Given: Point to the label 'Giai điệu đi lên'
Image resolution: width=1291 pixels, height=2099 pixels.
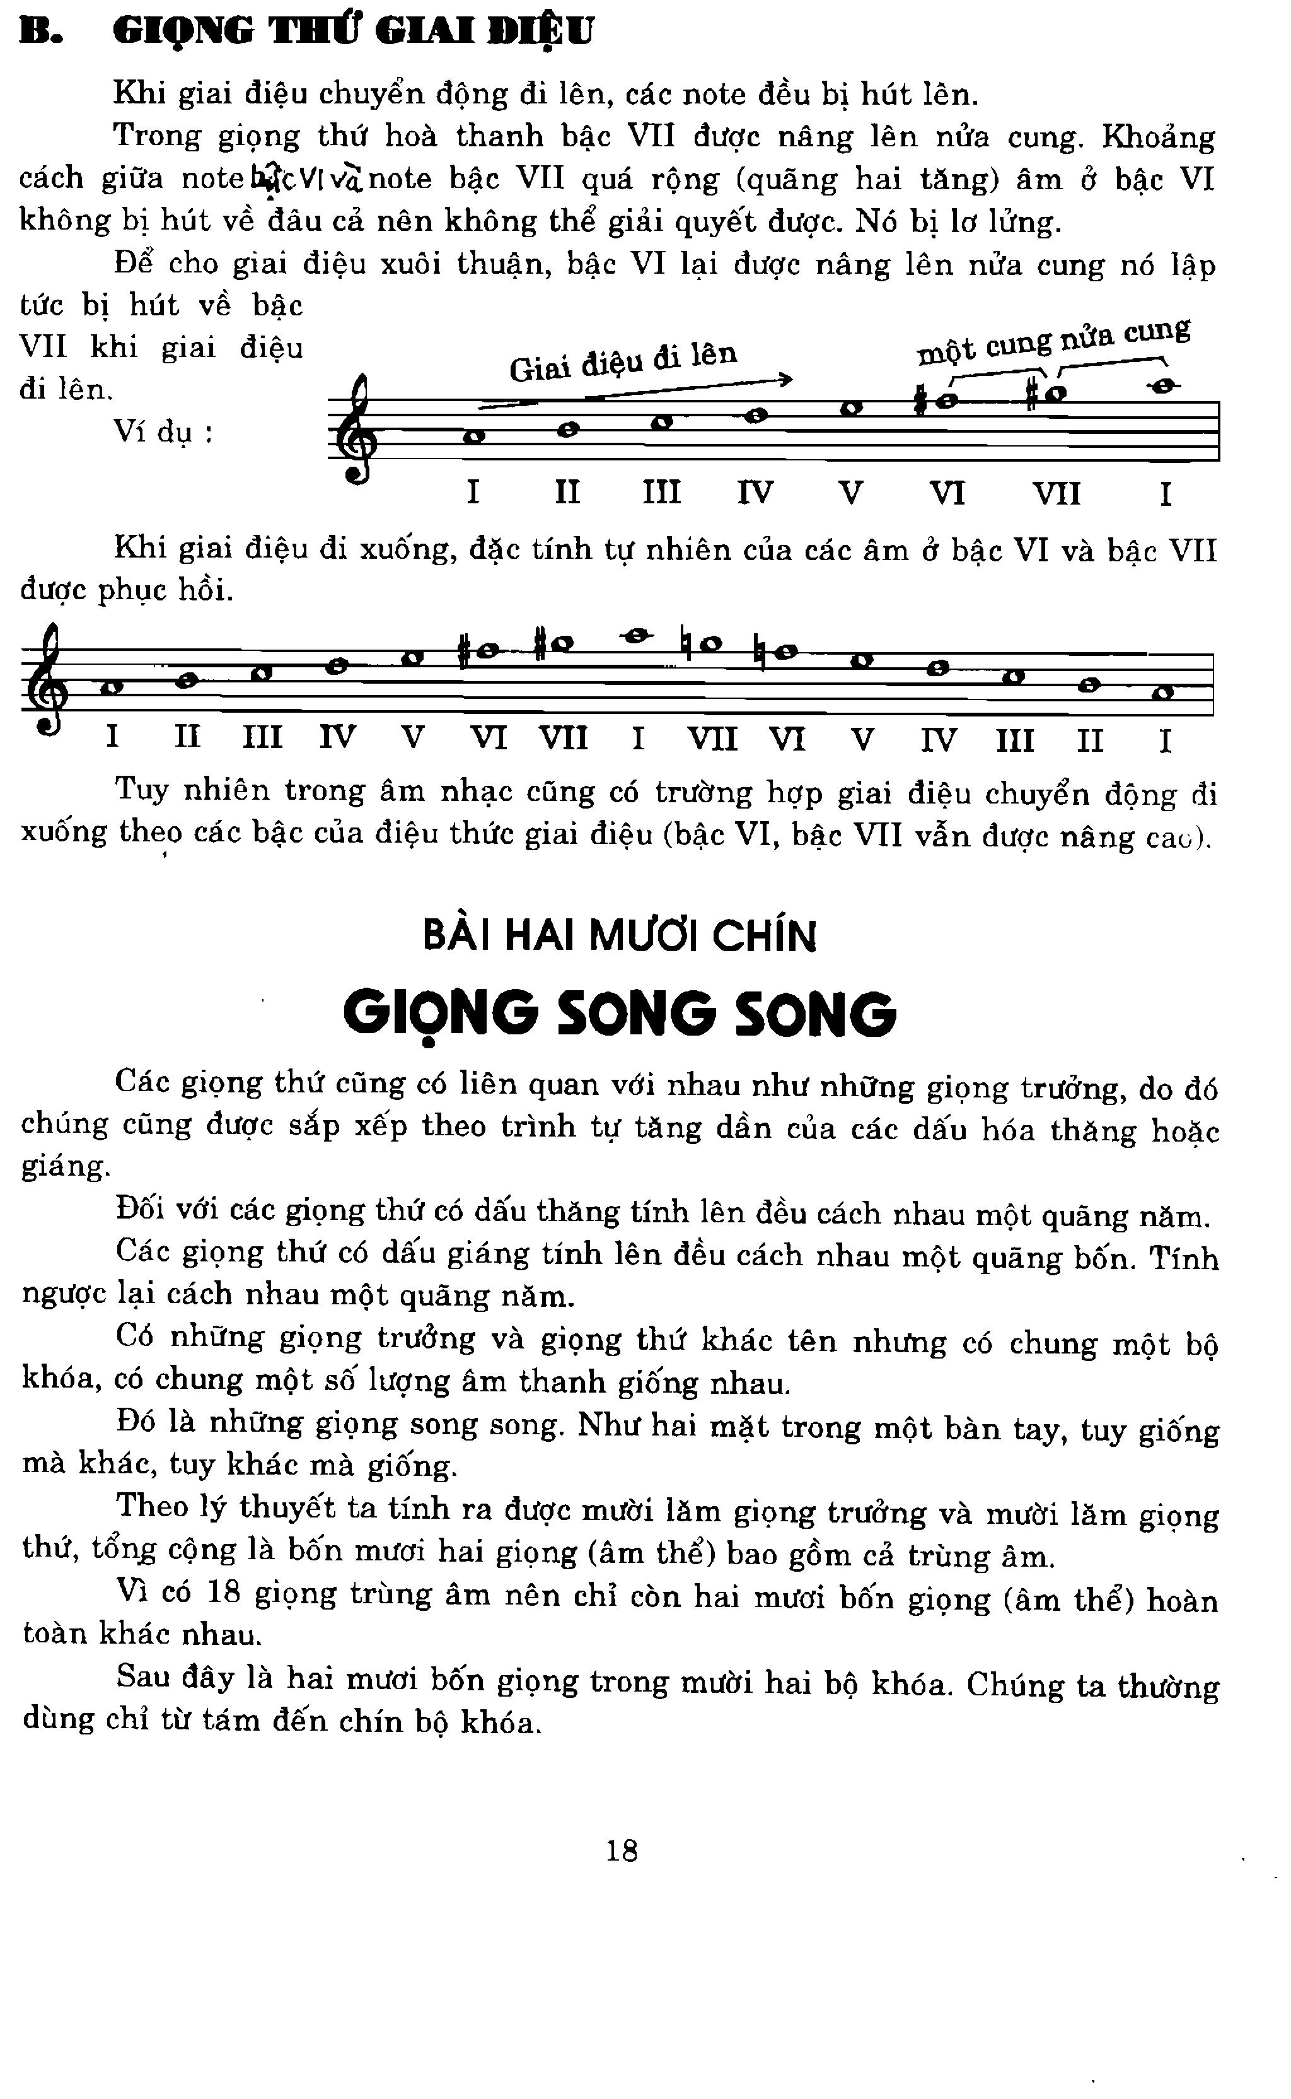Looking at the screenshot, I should tap(623, 361).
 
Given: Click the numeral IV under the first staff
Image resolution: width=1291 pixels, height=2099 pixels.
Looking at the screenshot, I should tap(756, 493).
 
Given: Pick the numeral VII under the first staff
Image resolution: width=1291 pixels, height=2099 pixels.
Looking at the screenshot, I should tap(1057, 494).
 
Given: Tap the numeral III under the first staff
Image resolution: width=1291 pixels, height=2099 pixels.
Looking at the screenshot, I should tap(662, 493).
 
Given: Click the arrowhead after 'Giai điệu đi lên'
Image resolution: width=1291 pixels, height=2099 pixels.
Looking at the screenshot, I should tap(786, 379).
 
